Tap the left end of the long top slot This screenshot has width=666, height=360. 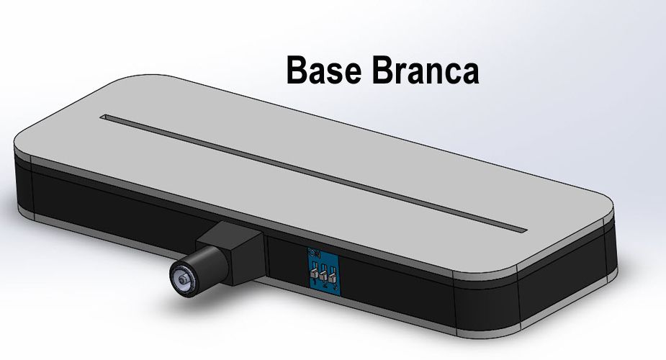pyautogui.click(x=107, y=117)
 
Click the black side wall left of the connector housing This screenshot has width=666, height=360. pyautogui.click(x=108, y=209)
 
